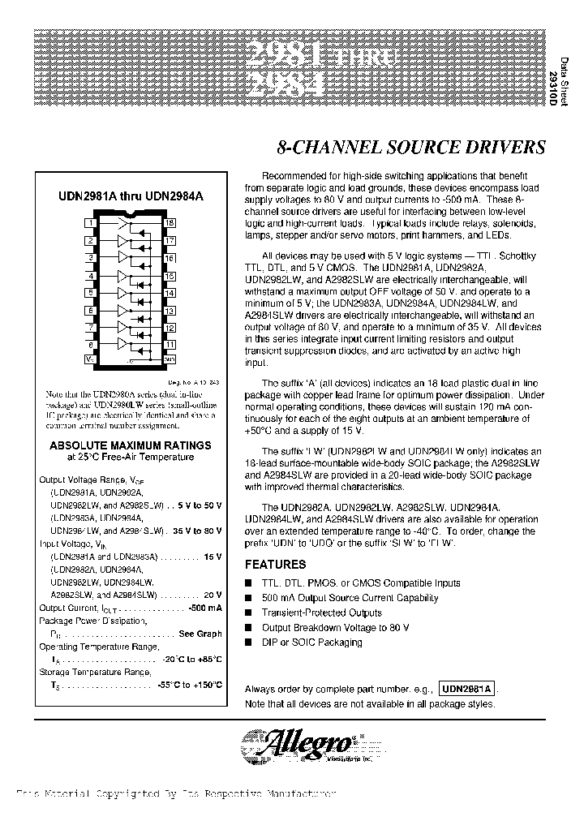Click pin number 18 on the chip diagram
(x=170, y=221)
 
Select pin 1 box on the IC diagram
(x=91, y=221)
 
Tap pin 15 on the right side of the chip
(x=170, y=276)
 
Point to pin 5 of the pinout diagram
(x=91, y=293)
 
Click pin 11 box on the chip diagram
(x=170, y=345)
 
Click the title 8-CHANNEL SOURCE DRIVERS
(x=411, y=148)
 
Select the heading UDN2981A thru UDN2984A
(x=130, y=196)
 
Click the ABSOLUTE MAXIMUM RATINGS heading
(x=130, y=445)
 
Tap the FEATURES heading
(x=276, y=565)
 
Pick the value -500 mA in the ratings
(x=202, y=608)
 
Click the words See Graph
(x=200, y=634)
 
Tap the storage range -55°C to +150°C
(x=190, y=686)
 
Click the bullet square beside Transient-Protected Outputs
(x=249, y=613)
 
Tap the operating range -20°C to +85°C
(x=191, y=660)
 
